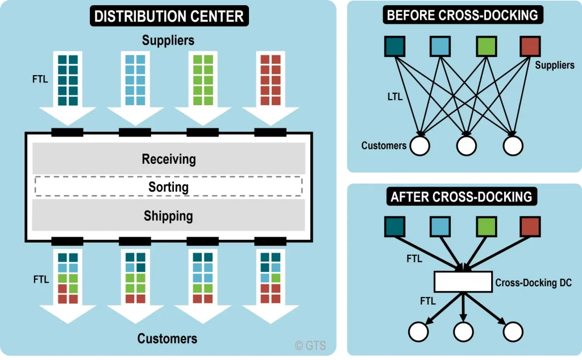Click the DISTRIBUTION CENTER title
tap(169, 16)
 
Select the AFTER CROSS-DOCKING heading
tap(461, 197)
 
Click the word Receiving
tap(169, 159)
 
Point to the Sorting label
tap(168, 187)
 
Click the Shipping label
tap(168, 216)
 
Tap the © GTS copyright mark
tap(310, 345)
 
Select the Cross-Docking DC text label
tap(533, 282)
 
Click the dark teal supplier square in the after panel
tap(394, 226)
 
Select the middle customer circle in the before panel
tap(466, 146)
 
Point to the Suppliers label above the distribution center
tap(168, 40)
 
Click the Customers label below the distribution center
tap(168, 339)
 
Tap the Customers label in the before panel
tap(384, 146)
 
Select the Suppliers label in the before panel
tap(554, 65)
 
